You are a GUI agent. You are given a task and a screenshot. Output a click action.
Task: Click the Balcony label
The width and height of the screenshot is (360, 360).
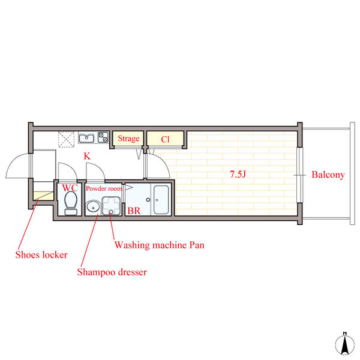pyautogui.click(x=328, y=175)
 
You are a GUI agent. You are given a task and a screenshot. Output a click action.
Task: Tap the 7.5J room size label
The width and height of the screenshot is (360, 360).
pyautogui.click(x=238, y=174)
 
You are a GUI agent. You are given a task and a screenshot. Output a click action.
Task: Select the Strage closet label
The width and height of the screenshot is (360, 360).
pyautogui.click(x=128, y=139)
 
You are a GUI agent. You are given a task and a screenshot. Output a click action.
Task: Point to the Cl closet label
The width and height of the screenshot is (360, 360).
pyautogui.click(x=165, y=139)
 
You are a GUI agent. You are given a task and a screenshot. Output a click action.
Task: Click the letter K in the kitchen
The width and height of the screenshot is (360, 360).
pyautogui.click(x=87, y=156)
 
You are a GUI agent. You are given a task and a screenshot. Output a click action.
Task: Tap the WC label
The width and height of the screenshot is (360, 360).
pyautogui.click(x=70, y=188)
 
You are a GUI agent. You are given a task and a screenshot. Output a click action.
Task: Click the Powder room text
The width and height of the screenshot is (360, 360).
pyautogui.click(x=104, y=188)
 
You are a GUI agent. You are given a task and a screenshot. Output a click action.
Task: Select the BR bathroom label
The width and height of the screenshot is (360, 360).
pyautogui.click(x=134, y=211)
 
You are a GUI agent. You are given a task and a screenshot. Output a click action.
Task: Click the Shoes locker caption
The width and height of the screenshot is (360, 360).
pyautogui.click(x=41, y=254)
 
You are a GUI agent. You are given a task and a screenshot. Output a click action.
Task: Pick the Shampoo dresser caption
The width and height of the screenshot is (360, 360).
pyautogui.click(x=112, y=272)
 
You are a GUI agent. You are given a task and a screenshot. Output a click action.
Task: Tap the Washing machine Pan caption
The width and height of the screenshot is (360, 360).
pyautogui.click(x=160, y=245)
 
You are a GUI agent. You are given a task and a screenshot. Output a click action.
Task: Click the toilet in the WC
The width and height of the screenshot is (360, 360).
pyautogui.click(x=70, y=203)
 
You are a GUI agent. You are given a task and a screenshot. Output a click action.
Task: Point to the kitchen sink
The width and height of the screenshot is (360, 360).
pyautogui.click(x=86, y=138)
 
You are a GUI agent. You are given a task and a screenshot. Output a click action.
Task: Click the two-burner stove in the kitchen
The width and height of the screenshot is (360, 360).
pyautogui.click(x=103, y=137)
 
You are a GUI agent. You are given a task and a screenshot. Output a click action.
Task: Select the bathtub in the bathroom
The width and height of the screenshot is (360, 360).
pyautogui.click(x=161, y=200)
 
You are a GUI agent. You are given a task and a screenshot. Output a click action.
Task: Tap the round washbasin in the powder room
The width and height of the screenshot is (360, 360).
pyautogui.click(x=93, y=206)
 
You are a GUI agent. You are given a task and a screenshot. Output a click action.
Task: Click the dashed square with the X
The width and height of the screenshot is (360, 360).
pyautogui.click(x=66, y=139)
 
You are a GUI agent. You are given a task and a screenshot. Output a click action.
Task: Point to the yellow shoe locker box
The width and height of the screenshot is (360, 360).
pyautogui.click(x=43, y=196)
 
